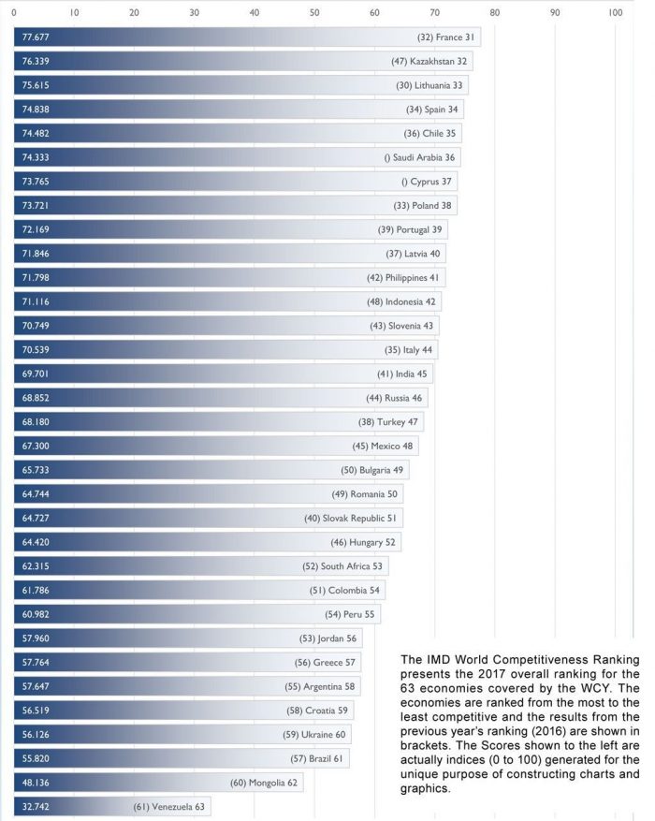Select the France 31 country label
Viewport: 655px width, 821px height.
click(446, 38)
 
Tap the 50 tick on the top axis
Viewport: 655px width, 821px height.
click(314, 13)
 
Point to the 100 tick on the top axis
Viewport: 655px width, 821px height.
click(615, 13)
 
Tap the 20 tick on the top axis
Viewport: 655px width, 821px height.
click(134, 13)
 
